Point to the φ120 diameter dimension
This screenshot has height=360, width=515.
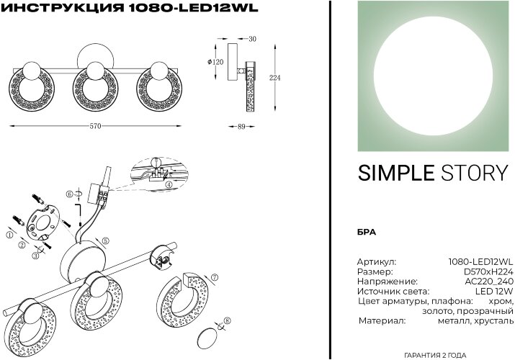[215, 62]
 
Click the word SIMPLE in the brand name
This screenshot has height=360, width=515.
[395, 173]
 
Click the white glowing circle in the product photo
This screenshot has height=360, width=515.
[432, 76]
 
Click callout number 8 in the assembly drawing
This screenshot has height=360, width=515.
[228, 321]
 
